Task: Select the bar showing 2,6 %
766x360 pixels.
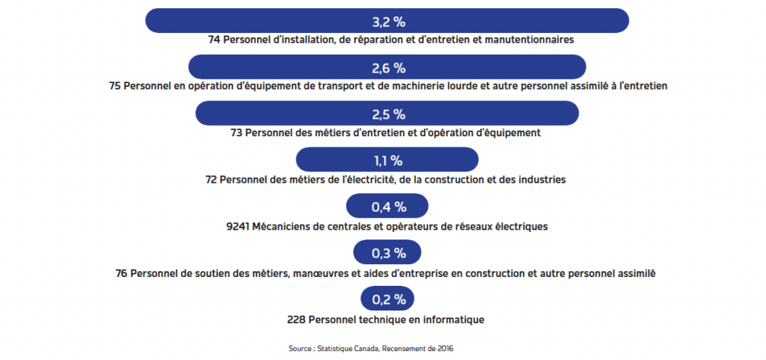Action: pos(387,68)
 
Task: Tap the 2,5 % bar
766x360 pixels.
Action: pos(387,114)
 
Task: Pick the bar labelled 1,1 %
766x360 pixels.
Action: pos(387,160)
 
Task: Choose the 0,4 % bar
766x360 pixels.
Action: pos(387,206)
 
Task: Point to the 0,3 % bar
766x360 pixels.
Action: pos(387,252)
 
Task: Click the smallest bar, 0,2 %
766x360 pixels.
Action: pos(387,299)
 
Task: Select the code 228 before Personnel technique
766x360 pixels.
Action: pos(296,320)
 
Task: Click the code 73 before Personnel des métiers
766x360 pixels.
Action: pos(237,133)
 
